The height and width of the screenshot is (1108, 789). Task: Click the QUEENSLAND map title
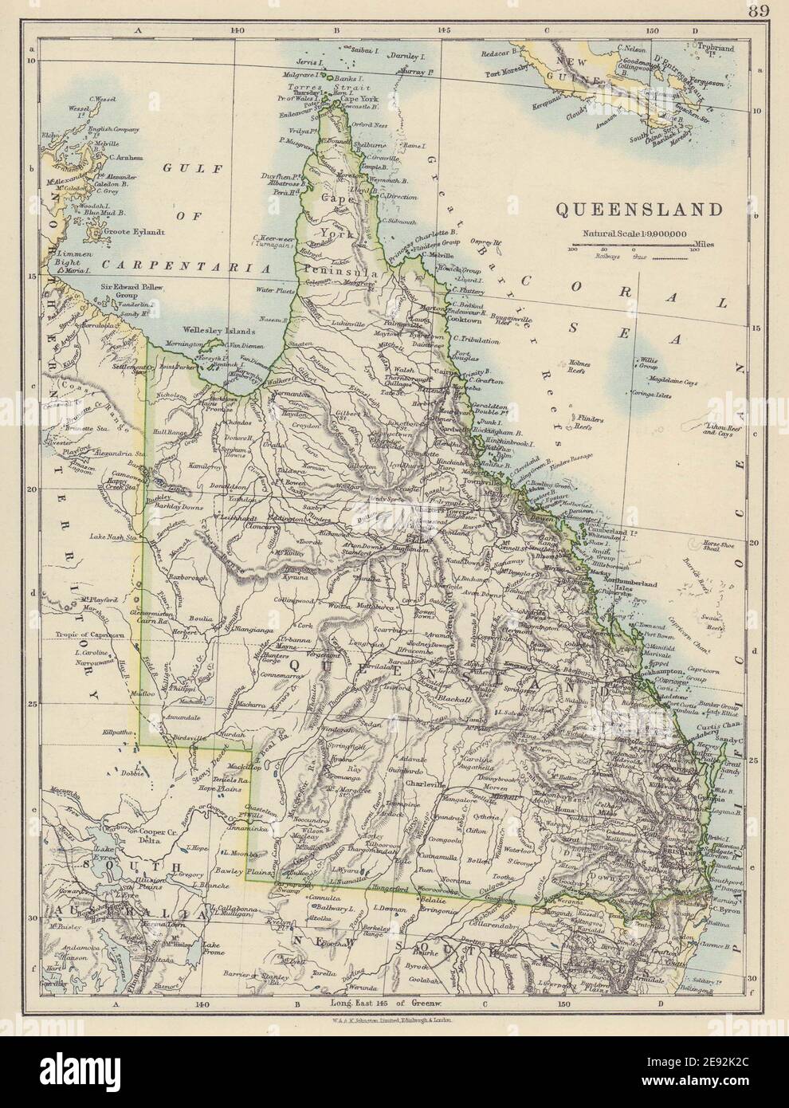pos(639,210)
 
